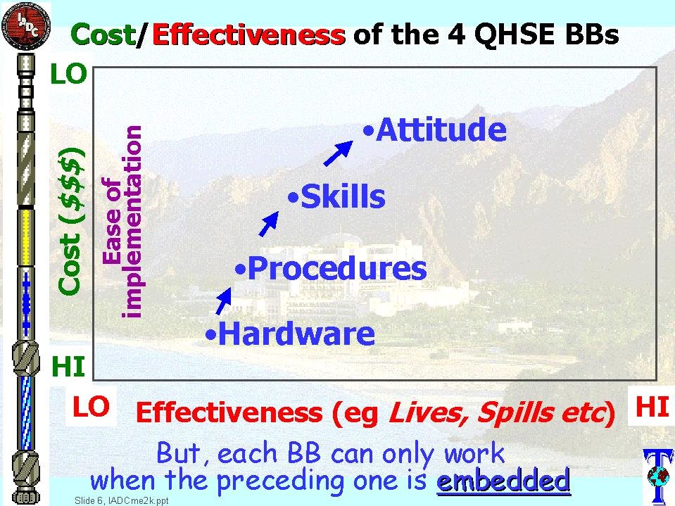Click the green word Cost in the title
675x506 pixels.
[103, 34]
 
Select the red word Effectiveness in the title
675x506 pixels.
[249, 34]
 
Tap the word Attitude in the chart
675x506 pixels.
[441, 129]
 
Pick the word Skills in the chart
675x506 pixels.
[343, 196]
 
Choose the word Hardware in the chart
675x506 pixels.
[296, 334]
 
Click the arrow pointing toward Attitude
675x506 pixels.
[339, 153]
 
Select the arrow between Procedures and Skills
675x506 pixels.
[269, 224]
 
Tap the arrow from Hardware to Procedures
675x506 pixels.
[223, 301]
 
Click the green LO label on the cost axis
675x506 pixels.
[68, 74]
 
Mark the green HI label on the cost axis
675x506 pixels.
[68, 367]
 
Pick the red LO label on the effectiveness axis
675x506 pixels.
[90, 407]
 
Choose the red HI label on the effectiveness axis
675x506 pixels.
[652, 407]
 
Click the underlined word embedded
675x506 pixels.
[503, 480]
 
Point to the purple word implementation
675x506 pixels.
[131, 222]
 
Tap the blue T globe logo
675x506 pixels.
[658, 476]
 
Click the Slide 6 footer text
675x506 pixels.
[121, 500]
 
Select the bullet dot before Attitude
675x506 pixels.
[368, 131]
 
